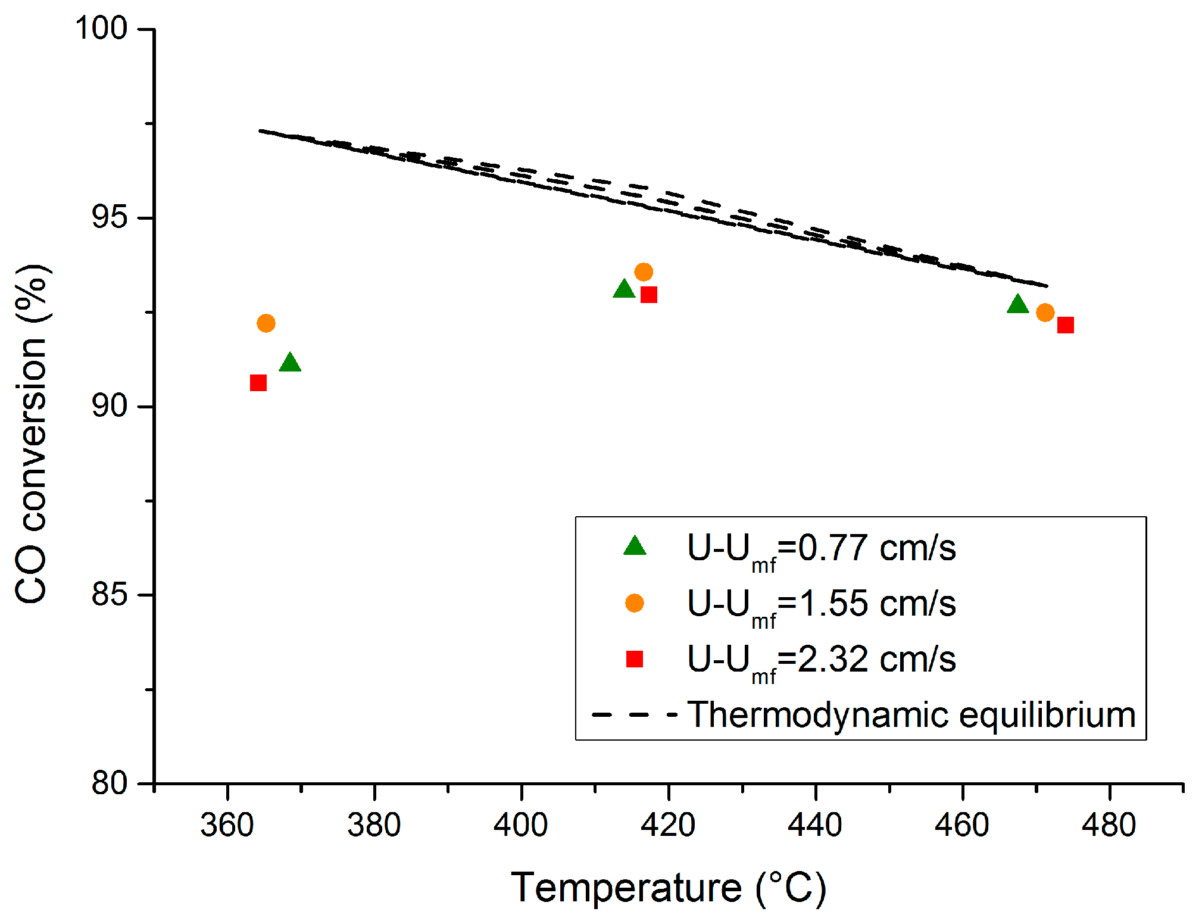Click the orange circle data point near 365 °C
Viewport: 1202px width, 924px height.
click(x=266, y=323)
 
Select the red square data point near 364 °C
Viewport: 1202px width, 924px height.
click(x=258, y=383)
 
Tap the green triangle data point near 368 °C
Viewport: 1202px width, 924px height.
click(x=290, y=363)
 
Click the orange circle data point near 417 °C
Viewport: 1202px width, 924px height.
click(x=644, y=272)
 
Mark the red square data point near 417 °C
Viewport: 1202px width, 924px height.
click(x=649, y=295)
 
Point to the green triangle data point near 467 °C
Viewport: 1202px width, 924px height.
click(x=1018, y=305)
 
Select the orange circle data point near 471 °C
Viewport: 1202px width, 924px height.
click(x=1045, y=313)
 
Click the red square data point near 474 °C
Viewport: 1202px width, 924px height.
click(x=1066, y=325)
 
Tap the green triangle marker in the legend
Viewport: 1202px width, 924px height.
click(x=635, y=546)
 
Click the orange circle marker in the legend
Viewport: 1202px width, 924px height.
click(x=635, y=603)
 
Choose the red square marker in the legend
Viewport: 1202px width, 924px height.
click(x=635, y=659)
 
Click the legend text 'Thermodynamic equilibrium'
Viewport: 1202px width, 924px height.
click(x=911, y=715)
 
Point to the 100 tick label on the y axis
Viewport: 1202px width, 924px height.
click(x=101, y=28)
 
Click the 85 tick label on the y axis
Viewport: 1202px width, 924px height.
click(x=110, y=595)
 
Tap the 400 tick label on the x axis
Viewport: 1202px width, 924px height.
click(x=521, y=825)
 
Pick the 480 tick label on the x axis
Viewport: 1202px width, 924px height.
click(x=1109, y=825)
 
